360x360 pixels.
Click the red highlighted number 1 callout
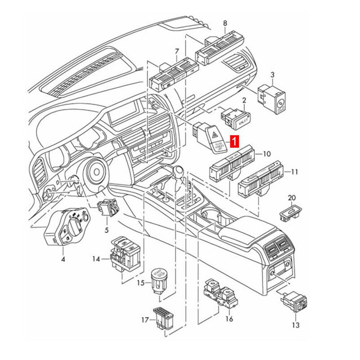[x=234, y=142]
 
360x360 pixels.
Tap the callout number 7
[x=177, y=51]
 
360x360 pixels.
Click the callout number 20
[x=292, y=198]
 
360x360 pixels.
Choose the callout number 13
[x=296, y=325]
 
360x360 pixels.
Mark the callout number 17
[x=145, y=320]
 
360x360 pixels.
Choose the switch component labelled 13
[x=296, y=301]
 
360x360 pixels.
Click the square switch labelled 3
[x=273, y=97]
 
